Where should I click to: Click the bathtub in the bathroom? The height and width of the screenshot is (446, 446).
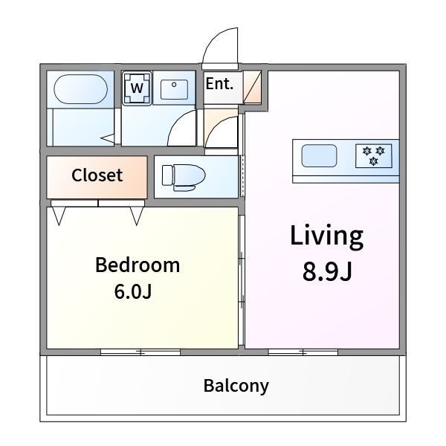click(x=80, y=89)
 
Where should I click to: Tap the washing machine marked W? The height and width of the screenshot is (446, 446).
click(x=137, y=88)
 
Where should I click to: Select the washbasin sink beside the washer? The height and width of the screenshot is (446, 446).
click(x=174, y=90)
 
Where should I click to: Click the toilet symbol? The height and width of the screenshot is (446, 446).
click(x=184, y=178)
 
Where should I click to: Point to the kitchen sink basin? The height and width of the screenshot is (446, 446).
click(x=319, y=155)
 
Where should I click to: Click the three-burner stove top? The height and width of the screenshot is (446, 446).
click(x=373, y=156)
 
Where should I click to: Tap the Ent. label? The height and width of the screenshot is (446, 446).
click(x=219, y=83)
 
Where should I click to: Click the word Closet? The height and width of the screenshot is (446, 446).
click(x=97, y=175)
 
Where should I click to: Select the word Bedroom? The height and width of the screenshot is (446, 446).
click(x=138, y=265)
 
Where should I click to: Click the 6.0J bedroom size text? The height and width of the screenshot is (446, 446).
click(x=133, y=291)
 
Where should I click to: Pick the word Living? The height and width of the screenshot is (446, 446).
click(x=326, y=237)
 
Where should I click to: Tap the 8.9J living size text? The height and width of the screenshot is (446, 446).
click(x=327, y=271)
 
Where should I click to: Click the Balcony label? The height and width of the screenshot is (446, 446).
click(x=236, y=386)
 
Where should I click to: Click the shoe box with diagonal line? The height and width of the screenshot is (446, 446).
click(x=252, y=87)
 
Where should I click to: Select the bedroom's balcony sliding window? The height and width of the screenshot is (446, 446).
click(x=140, y=352)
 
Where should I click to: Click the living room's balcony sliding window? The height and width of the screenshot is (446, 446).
click(x=303, y=352)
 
